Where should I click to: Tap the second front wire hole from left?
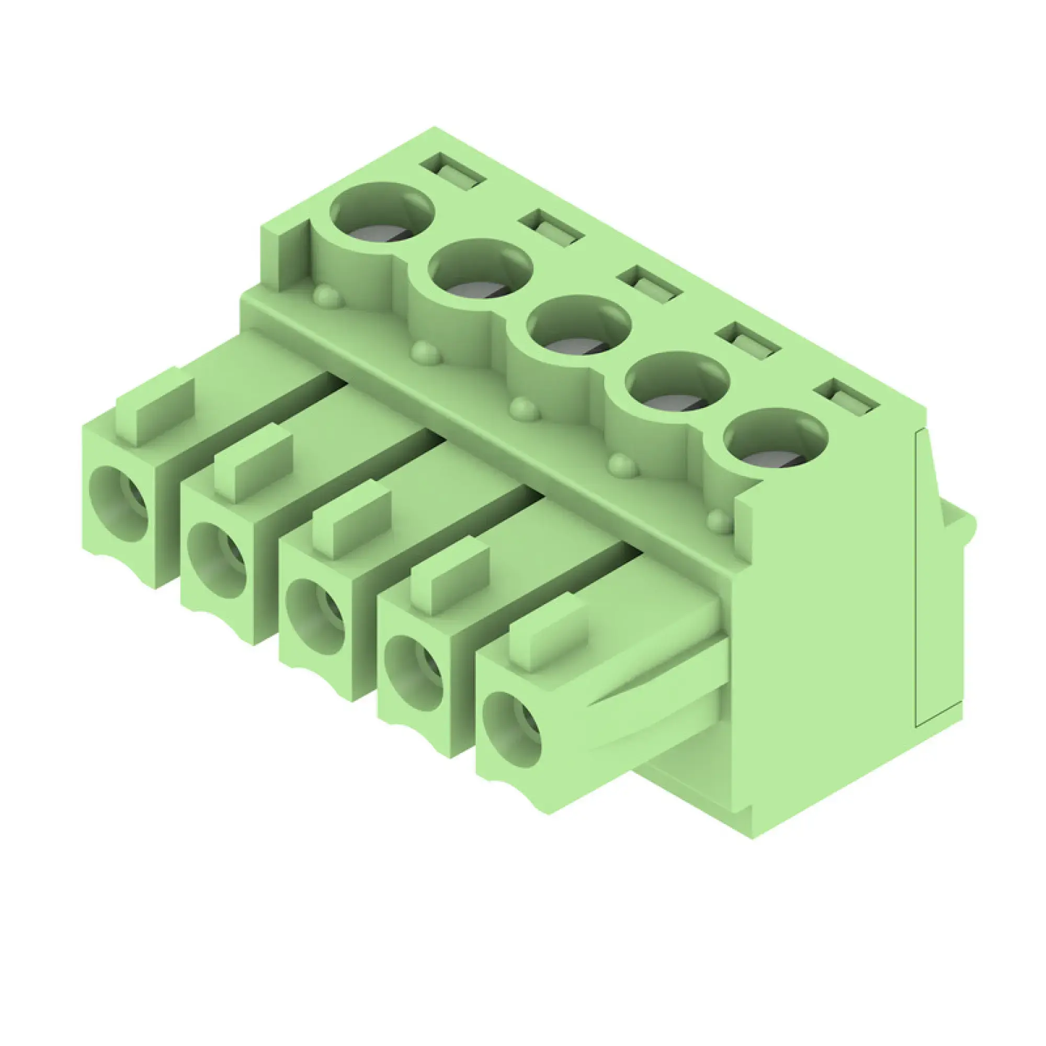click(x=217, y=560)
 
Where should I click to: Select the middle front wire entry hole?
click(x=315, y=617)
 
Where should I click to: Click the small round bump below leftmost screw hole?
click(x=328, y=296)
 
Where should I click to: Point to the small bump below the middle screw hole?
click(x=524, y=409)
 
